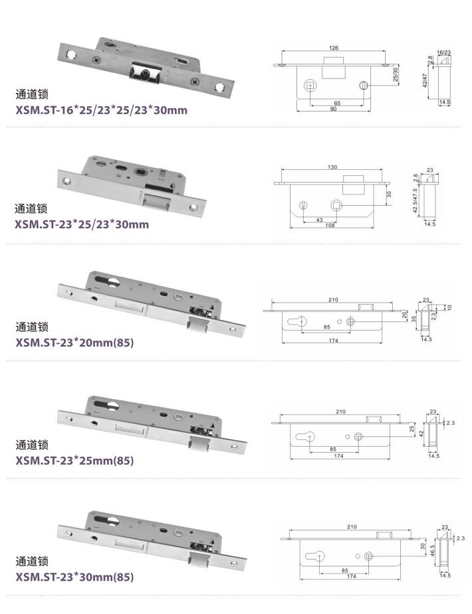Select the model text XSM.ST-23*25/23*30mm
pyautogui.click(x=82, y=224)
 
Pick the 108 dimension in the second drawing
pyautogui.click(x=330, y=225)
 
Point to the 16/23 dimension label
pyautogui.click(x=444, y=52)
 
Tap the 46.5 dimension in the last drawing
pyautogui.click(x=430, y=552)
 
